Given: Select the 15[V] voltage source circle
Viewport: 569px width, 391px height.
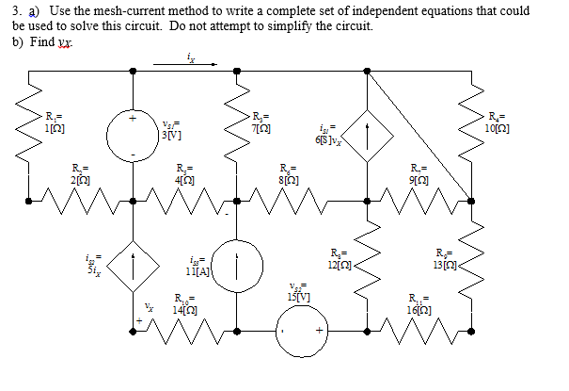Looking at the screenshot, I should tap(300, 332).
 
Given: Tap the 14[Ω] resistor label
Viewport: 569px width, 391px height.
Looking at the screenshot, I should tap(184, 307).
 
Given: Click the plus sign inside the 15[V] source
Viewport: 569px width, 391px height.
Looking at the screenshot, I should tap(319, 332).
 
